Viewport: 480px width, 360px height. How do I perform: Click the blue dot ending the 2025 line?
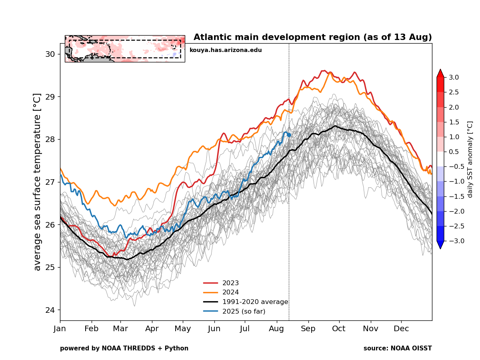289,135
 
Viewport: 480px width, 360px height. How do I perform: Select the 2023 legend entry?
230,283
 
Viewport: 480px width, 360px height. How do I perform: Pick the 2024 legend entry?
230,292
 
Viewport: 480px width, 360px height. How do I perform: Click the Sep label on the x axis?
308,329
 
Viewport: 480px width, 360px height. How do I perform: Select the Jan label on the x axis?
60,329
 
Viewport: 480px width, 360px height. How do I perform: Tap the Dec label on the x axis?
401,329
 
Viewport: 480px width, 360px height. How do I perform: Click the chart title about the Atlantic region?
313,38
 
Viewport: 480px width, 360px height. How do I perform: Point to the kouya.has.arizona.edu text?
226,50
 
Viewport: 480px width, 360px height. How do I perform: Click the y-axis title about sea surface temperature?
38,182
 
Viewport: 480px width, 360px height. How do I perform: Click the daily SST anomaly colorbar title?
470,159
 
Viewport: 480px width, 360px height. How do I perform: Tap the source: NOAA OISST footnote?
398,348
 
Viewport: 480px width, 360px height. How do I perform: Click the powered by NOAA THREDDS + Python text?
124,348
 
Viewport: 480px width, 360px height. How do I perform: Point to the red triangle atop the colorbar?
440,73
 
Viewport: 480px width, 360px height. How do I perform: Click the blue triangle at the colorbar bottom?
440,245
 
